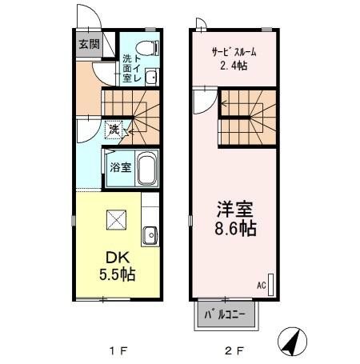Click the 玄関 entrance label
click(88, 45)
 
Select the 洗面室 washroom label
click(127, 69)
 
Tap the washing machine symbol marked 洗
click(115, 129)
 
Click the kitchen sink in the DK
click(150, 236)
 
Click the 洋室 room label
click(234, 210)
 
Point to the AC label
click(260, 284)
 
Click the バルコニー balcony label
click(227, 313)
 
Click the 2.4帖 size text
click(233, 66)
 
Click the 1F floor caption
click(116, 350)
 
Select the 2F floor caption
click(231, 350)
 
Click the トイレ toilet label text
click(138, 69)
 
